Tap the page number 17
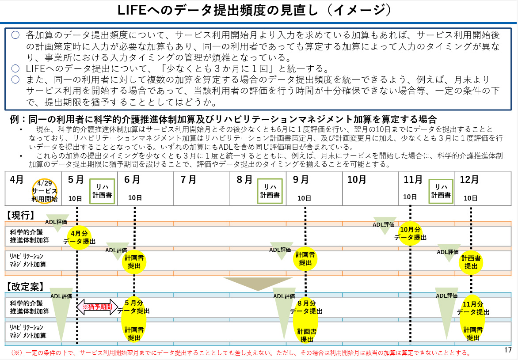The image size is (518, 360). [508, 349]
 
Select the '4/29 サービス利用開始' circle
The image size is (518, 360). [45, 191]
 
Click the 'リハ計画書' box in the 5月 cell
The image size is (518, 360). [102, 191]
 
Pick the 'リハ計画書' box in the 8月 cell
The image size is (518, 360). [270, 191]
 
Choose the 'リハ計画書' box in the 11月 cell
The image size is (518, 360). [441, 191]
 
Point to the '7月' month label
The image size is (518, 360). [188, 180]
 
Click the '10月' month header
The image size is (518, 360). [357, 180]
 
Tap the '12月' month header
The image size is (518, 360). [469, 180]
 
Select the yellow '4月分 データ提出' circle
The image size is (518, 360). [79, 238]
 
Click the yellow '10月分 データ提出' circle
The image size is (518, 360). [410, 234]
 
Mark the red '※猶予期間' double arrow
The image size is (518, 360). [97, 307]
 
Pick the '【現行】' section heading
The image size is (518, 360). [20, 215]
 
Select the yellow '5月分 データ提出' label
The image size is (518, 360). [134, 307]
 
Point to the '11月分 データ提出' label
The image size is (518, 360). [473, 308]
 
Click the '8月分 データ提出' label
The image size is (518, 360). [306, 307]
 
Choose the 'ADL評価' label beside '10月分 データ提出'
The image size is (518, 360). [384, 224]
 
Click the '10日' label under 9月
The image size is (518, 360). [304, 198]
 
